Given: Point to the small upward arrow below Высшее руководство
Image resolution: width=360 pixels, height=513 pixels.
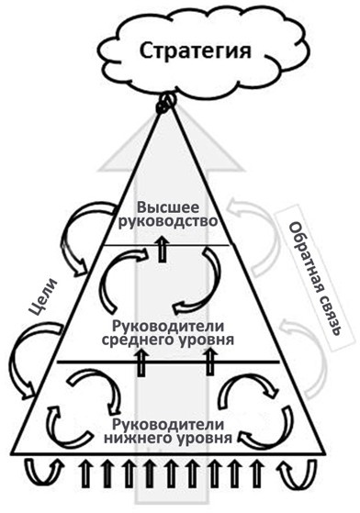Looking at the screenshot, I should click(163, 249).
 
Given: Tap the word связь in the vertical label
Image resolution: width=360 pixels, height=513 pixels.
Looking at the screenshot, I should click(299, 324).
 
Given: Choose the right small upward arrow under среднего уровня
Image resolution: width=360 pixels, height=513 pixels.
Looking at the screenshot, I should click(210, 363).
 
